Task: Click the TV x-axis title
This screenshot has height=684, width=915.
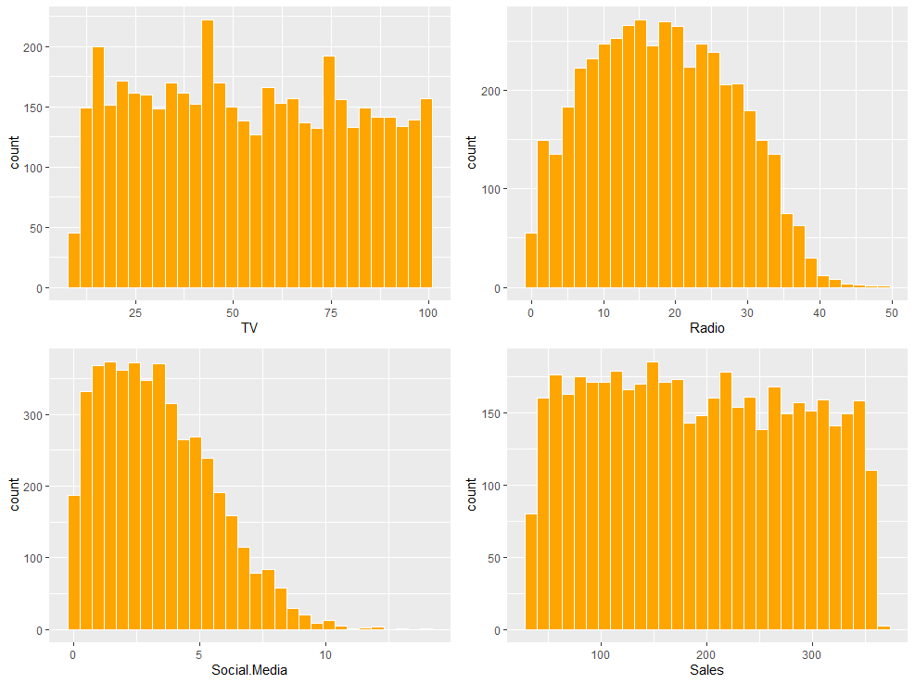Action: (248, 327)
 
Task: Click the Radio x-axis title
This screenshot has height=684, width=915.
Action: (706, 327)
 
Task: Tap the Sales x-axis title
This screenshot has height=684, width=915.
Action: (707, 669)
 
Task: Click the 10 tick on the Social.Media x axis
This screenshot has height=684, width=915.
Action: (325, 653)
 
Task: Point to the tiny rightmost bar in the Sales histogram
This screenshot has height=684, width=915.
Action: (883, 627)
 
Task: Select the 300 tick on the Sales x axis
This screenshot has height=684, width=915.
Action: (812, 653)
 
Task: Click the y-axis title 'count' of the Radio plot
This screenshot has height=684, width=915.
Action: (472, 153)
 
